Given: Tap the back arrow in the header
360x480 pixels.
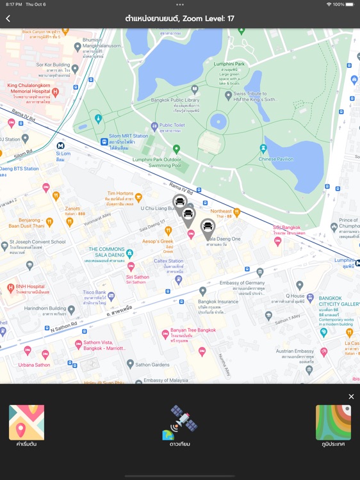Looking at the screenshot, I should pyautogui.click(x=8, y=19).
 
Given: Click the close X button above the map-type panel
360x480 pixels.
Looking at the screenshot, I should pyautogui.click(x=351, y=397).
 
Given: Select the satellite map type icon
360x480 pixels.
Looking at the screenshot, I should pyautogui.click(x=180, y=422).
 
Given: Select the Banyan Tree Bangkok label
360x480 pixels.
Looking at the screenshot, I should pyautogui.click(x=193, y=331).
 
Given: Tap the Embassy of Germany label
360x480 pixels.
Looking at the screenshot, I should pyautogui.click(x=241, y=283).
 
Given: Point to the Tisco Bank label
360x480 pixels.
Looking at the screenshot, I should pyautogui.click(x=94, y=293).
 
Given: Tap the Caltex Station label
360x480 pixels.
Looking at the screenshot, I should pyautogui.click(x=168, y=261).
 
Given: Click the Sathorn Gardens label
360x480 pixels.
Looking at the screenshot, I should pyautogui.click(x=151, y=364).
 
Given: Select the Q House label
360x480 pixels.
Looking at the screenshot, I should pyautogui.click(x=295, y=296).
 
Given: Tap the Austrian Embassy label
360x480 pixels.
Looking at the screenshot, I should pyautogui.click(x=295, y=351).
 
